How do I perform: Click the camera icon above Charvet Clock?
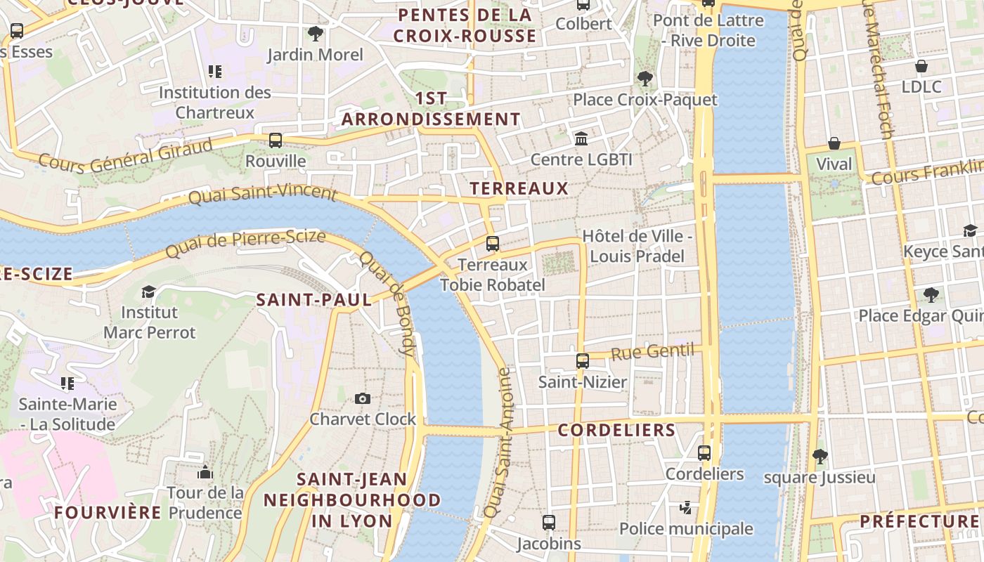362,398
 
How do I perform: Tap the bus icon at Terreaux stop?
493,244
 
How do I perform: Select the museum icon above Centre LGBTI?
581,138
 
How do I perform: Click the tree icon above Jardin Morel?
316,33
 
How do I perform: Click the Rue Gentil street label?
652,352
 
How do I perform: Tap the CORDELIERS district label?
616,430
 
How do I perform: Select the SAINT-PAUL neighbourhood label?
313,300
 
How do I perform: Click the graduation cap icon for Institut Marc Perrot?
148,292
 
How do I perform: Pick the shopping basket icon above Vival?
834,143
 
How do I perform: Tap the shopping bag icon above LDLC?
921,66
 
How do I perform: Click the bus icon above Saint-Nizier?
583,361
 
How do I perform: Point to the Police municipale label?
686,528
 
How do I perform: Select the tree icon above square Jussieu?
820,457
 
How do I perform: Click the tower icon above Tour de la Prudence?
205,472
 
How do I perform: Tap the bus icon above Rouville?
276,140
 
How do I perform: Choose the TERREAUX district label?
519,188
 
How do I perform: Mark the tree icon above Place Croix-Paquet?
645,79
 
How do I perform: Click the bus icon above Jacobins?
549,523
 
